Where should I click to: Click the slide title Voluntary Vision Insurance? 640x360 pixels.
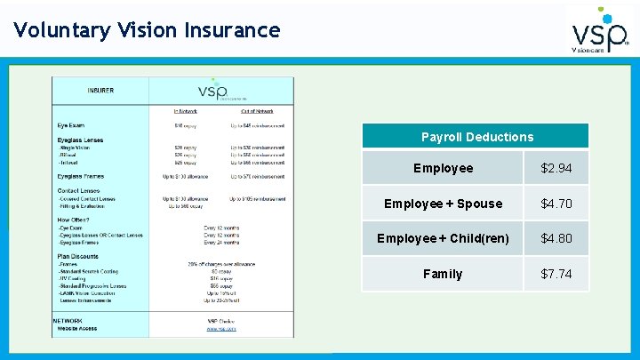147,30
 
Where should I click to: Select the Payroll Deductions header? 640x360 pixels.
477,137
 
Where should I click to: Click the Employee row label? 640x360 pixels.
444,168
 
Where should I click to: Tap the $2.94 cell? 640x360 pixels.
556,168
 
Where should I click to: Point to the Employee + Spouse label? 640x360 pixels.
443,204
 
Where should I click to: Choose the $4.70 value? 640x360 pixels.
556,204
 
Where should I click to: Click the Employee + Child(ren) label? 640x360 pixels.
443,238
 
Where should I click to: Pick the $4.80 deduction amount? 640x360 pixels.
556,238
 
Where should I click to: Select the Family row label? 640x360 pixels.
443,274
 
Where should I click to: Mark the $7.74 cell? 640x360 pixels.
556,274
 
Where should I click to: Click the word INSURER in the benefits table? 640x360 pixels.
100,91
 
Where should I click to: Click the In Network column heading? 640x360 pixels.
185,111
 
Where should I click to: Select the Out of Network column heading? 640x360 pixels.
257,111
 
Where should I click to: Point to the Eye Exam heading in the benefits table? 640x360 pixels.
72,125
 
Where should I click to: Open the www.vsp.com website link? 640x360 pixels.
221,328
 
